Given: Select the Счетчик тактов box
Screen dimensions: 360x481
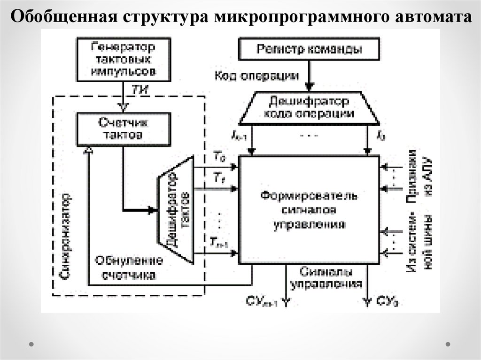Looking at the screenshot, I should [x=124, y=129].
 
